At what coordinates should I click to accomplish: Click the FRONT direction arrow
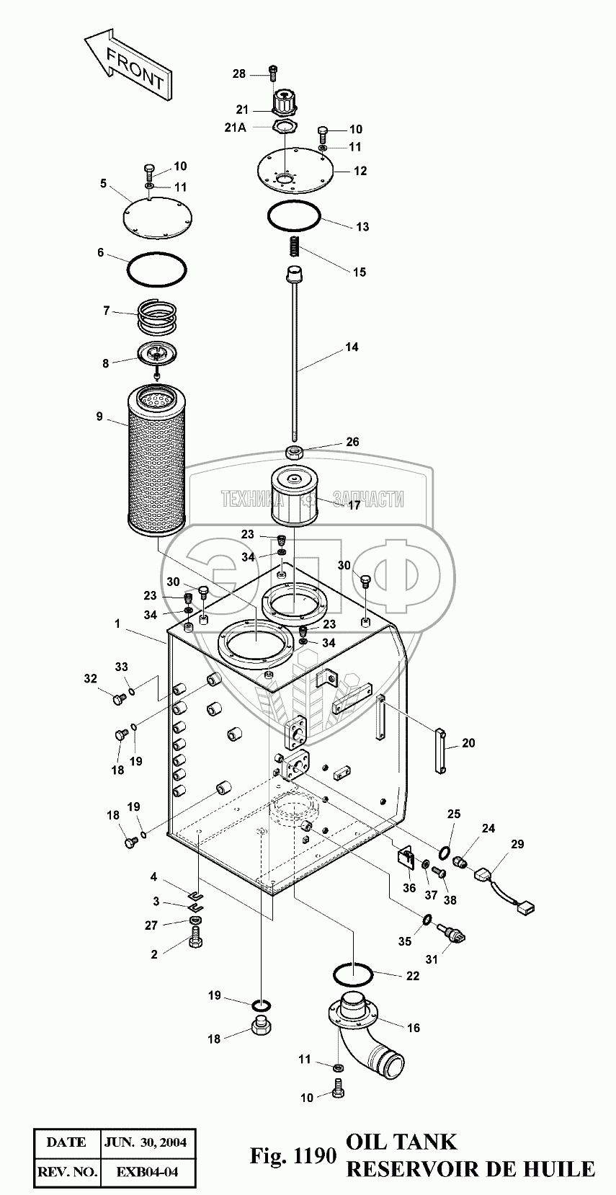point(128,62)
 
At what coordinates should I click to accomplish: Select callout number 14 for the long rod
point(352,347)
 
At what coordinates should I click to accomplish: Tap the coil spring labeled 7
point(157,314)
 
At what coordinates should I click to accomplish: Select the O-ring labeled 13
point(294,215)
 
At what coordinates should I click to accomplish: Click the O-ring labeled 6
point(157,270)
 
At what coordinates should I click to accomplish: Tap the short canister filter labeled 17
point(297,497)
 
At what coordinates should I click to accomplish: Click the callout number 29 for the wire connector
point(518,844)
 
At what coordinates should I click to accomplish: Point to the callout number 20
point(468,743)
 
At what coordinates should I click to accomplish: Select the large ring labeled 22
point(352,975)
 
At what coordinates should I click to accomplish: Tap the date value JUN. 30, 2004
point(146,1142)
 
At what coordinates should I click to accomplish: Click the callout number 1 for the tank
point(117,624)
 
